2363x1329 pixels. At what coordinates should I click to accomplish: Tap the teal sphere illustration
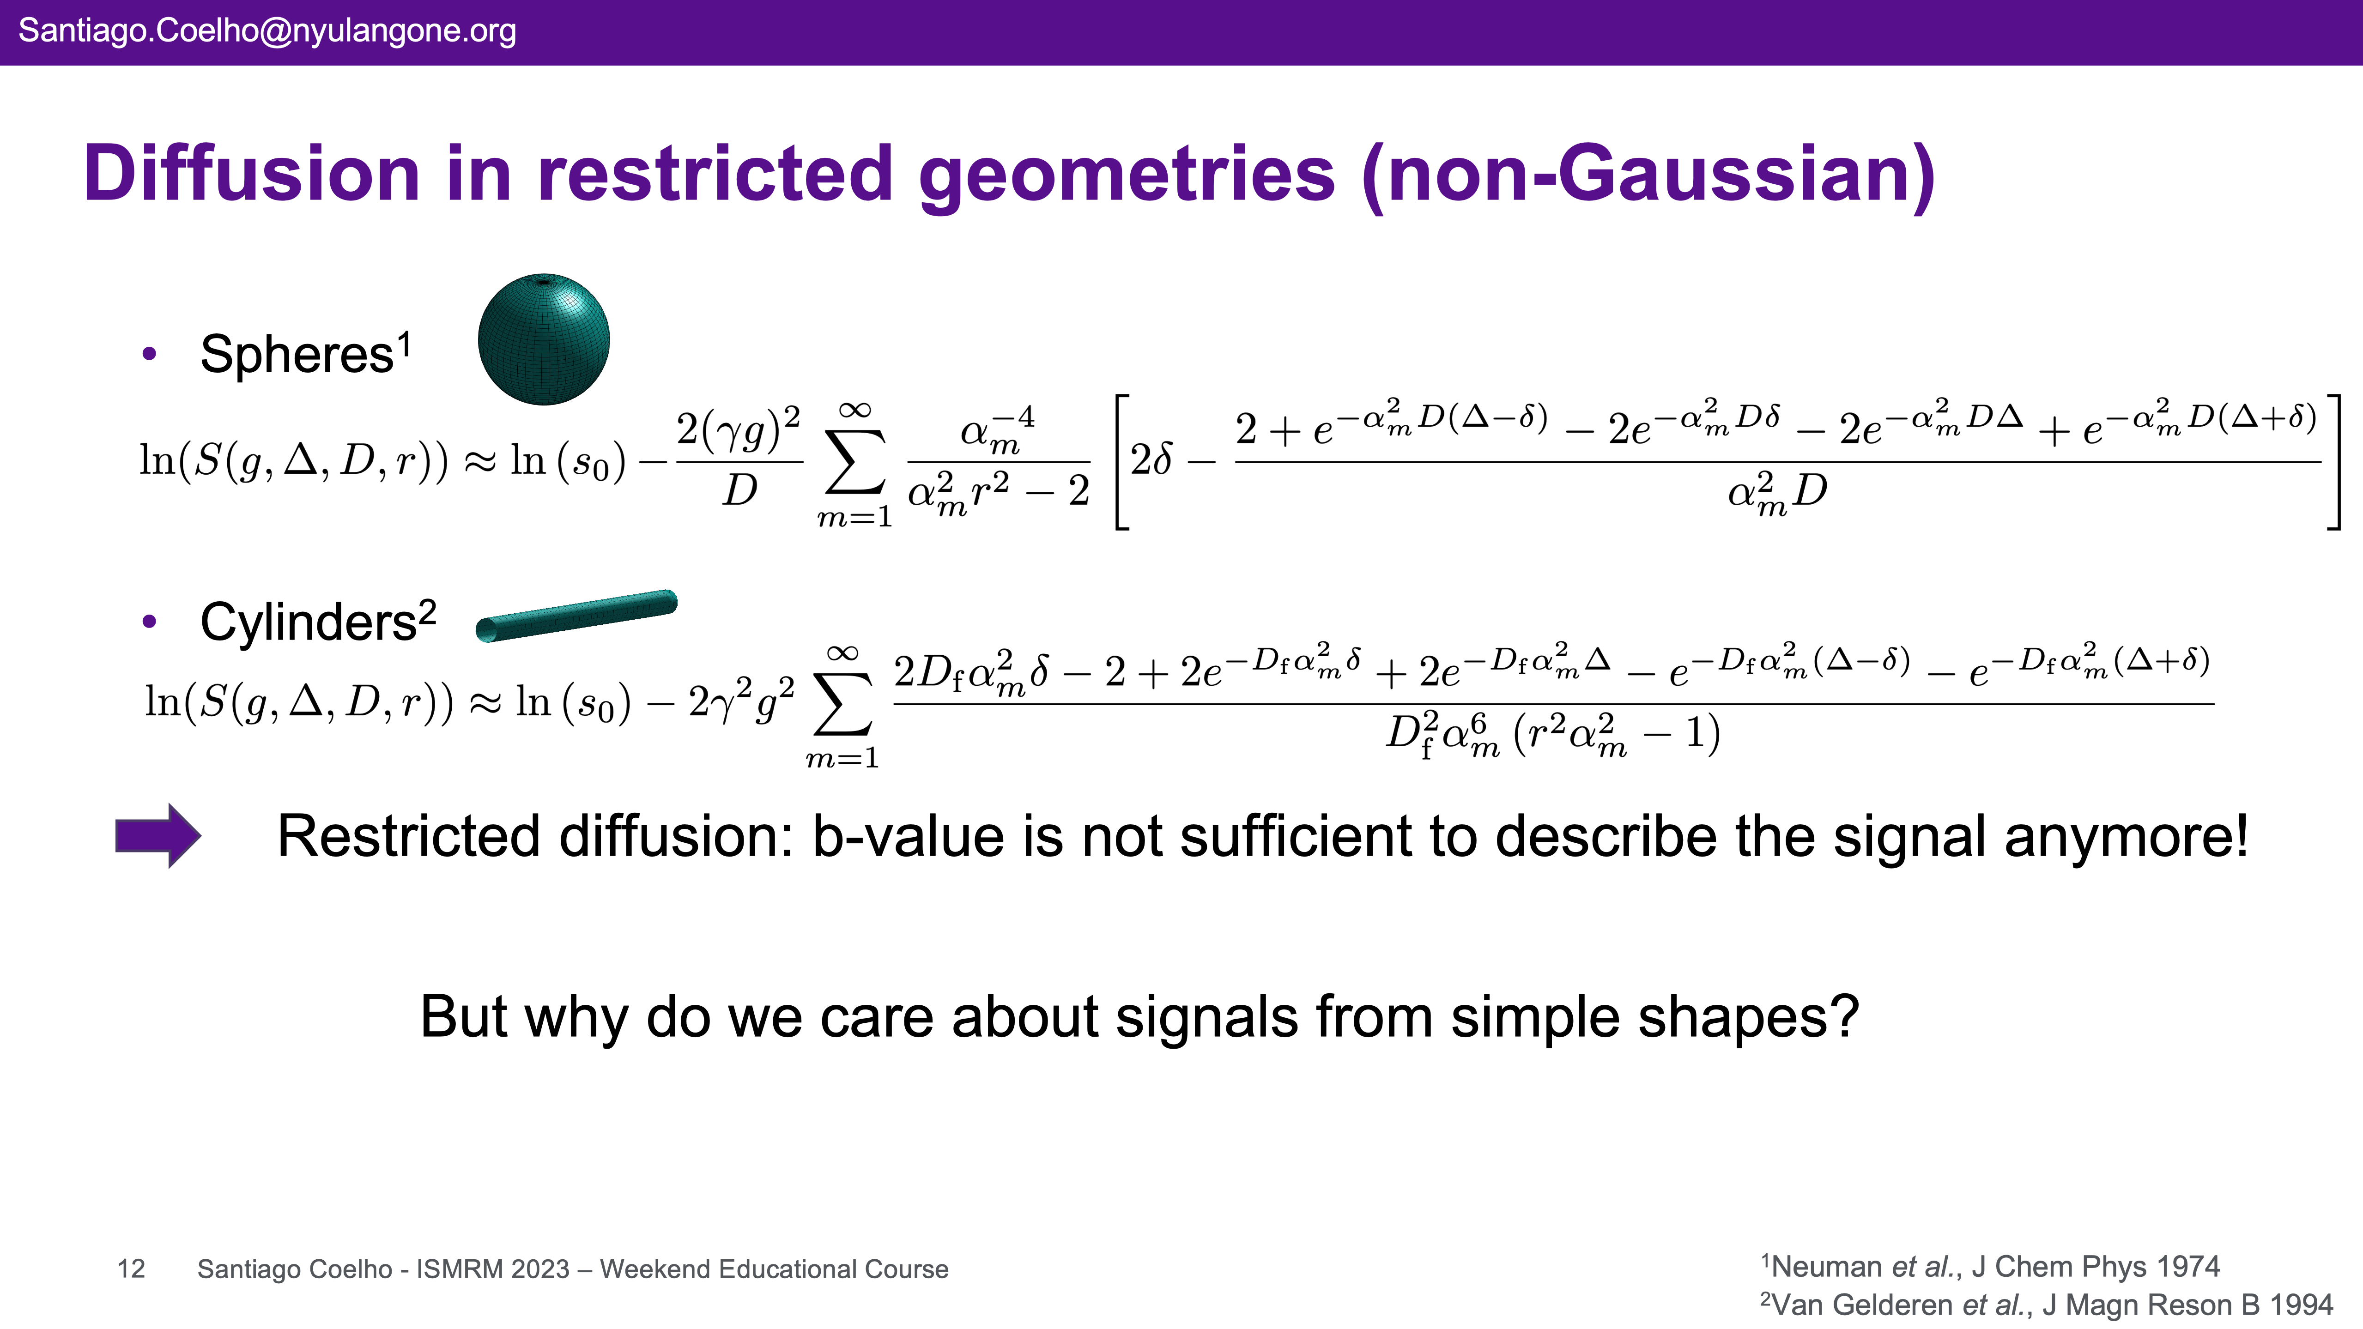click(544, 339)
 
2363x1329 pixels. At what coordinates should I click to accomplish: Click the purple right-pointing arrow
click(158, 835)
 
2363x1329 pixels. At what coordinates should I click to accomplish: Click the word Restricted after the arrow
click(409, 836)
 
